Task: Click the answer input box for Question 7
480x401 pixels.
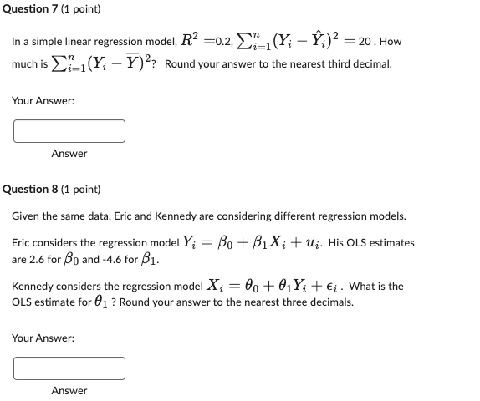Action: [69, 131]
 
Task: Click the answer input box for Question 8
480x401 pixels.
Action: [69, 368]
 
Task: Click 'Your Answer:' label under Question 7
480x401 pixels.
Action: [43, 100]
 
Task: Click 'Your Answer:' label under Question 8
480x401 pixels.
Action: [43, 338]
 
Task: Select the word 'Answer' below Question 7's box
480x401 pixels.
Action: [69, 154]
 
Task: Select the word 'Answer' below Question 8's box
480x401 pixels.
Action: [69, 391]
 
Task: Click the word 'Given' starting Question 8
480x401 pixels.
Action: [27, 216]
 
